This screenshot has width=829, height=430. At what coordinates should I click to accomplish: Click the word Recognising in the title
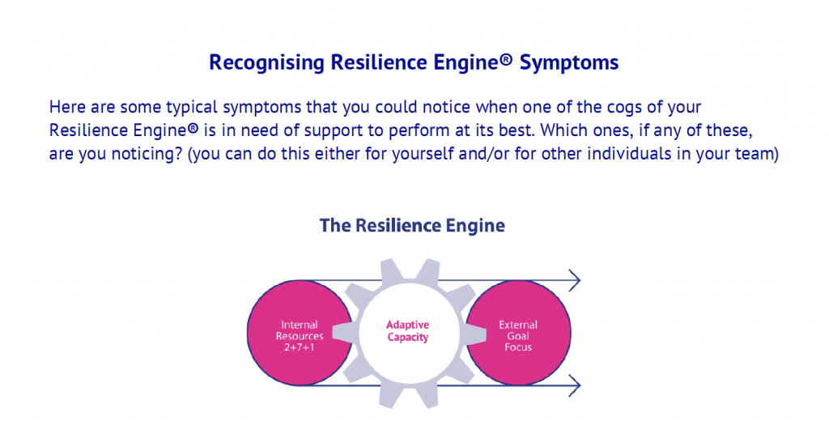pyautogui.click(x=266, y=63)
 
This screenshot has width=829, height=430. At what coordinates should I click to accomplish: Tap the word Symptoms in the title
pyautogui.click(x=569, y=63)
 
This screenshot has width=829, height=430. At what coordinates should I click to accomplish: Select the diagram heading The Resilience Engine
pyautogui.click(x=412, y=225)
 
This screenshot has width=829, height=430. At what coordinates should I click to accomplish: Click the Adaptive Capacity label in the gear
pyautogui.click(x=408, y=331)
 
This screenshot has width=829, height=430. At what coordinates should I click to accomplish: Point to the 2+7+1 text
pyautogui.click(x=300, y=347)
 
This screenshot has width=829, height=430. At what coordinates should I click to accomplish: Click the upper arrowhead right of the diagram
pyautogui.click(x=575, y=280)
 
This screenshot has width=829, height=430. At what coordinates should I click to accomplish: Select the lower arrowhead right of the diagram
pyautogui.click(x=575, y=385)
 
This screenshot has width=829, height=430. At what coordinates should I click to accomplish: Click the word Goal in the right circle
pyautogui.click(x=518, y=336)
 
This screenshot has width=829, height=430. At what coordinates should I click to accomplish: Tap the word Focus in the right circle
pyautogui.click(x=518, y=347)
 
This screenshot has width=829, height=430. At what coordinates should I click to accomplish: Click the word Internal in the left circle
pyautogui.click(x=300, y=325)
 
